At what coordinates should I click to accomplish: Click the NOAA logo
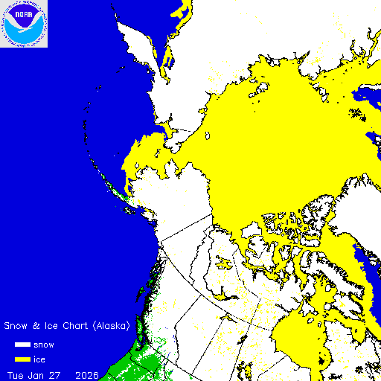[24, 24]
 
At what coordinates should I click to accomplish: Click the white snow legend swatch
[22, 345]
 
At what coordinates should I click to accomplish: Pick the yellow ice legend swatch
[22, 359]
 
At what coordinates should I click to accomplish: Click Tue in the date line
[16, 374]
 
